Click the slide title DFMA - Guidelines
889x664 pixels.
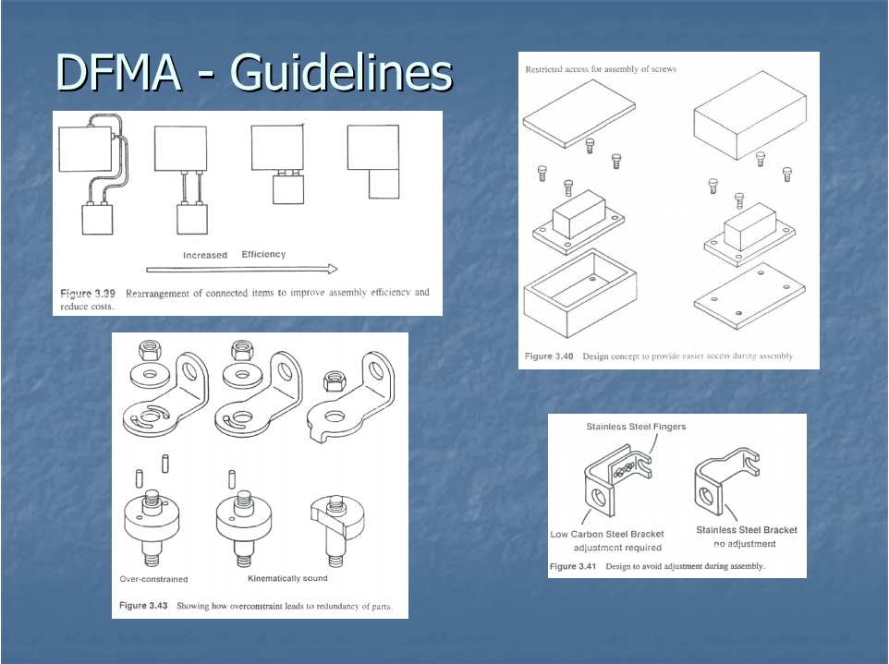tap(253, 72)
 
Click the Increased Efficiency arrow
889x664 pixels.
tap(241, 270)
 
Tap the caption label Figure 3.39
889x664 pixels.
tap(88, 293)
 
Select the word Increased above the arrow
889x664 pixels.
tap(204, 255)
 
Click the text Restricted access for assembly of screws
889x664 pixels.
tap(601, 69)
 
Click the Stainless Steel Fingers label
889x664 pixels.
tap(636, 427)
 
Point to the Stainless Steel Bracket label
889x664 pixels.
tap(746, 530)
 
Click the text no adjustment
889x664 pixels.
tap(745, 544)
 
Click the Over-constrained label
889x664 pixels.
tap(153, 579)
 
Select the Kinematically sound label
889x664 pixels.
tap(287, 578)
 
